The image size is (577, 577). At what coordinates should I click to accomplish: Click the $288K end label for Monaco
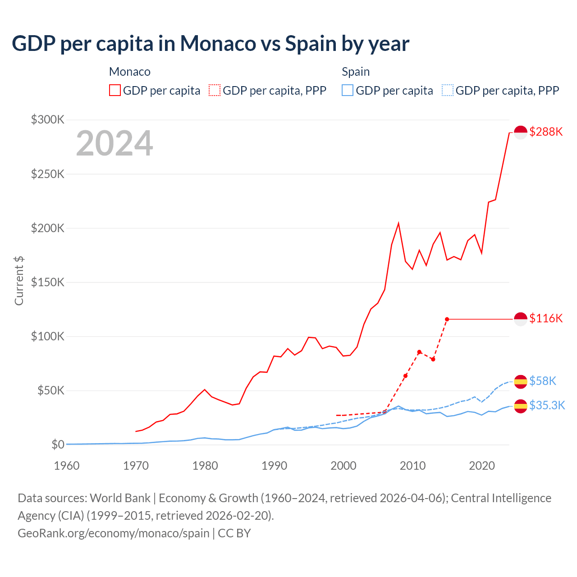click(x=546, y=132)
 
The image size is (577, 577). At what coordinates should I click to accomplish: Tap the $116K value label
click(x=546, y=318)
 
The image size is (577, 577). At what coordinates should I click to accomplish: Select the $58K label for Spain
click(x=543, y=381)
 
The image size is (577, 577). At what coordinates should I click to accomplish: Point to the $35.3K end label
click(x=547, y=405)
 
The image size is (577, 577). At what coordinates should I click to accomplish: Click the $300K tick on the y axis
click(x=48, y=119)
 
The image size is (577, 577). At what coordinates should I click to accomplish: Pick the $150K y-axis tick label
click(x=48, y=282)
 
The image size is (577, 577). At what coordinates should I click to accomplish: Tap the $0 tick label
click(x=58, y=444)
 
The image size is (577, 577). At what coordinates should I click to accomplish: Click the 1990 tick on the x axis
click(x=274, y=466)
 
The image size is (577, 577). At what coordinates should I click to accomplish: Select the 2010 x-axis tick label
click(x=412, y=466)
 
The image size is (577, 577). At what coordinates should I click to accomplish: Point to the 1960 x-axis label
click(x=67, y=466)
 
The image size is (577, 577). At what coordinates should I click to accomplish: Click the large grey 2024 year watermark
click(x=114, y=143)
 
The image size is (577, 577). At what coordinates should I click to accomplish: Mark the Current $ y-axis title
click(x=19, y=280)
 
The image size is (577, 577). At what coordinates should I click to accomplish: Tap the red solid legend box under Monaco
click(x=115, y=90)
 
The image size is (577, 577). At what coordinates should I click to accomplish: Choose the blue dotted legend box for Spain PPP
click(x=448, y=90)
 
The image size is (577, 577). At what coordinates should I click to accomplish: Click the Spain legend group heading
click(x=356, y=72)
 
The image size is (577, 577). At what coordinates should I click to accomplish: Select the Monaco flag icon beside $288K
click(x=521, y=133)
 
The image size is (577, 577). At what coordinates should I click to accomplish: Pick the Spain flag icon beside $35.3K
click(x=521, y=406)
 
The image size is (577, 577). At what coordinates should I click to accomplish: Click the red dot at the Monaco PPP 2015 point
click(x=447, y=319)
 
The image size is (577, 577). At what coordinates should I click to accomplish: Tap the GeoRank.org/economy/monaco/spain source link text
click(x=113, y=533)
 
